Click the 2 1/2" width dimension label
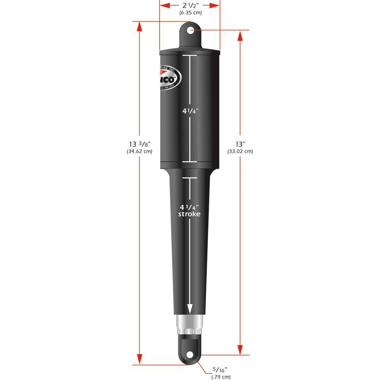click(190, 5)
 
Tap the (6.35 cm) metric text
click(190, 13)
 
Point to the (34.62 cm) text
click(139, 151)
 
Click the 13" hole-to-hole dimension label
click(241, 144)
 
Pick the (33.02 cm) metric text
click(240, 151)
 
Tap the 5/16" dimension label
click(220, 370)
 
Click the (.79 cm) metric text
click(221, 377)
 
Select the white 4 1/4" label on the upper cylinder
click(190, 111)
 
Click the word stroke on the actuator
click(190, 214)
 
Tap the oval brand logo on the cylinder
click(169, 79)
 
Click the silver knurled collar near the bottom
click(189, 323)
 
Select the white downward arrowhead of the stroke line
click(190, 309)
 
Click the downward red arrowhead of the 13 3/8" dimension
click(140, 359)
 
